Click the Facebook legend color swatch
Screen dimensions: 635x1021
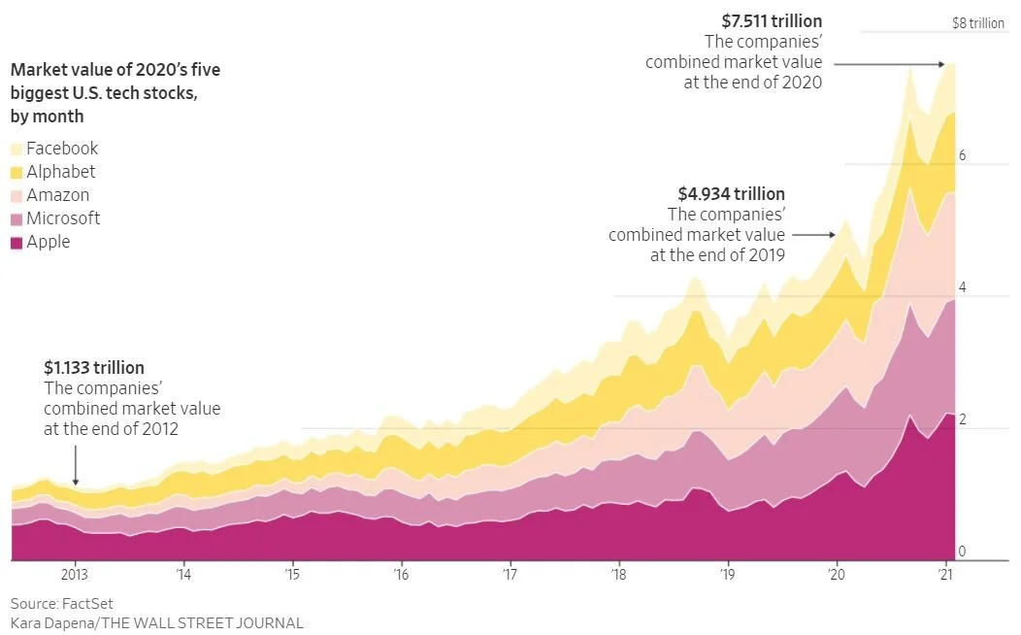pos(17,150)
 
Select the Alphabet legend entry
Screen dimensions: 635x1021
pos(61,172)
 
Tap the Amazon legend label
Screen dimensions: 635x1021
pos(57,195)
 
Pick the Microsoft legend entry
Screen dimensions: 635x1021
pos(63,218)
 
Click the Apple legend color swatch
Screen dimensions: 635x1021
pos(17,243)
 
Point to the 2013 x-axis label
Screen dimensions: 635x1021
pos(76,574)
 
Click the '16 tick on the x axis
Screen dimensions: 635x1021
pos(401,574)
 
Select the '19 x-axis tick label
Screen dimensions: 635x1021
pos(727,574)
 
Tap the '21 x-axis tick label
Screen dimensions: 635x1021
pos(944,574)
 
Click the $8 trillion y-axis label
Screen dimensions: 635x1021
pos(977,22)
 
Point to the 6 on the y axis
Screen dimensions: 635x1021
pos(962,155)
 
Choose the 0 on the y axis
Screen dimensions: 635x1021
pos(962,551)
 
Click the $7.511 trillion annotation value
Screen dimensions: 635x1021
pos(772,20)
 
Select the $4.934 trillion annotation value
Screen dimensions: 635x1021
pos(732,194)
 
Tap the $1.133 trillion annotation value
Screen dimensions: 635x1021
pos(94,368)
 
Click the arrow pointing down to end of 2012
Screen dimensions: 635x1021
pos(76,470)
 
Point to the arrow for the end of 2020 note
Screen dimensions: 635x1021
pos(888,64)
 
